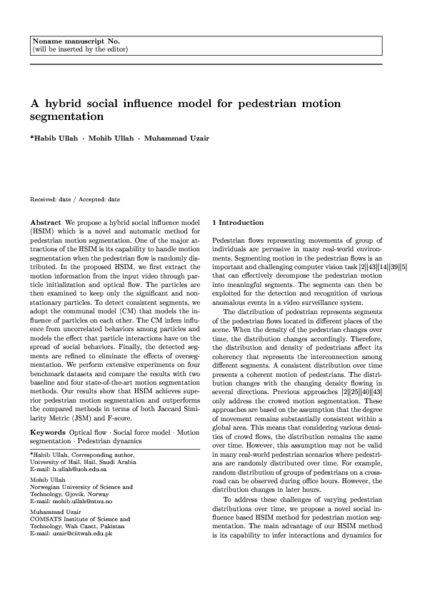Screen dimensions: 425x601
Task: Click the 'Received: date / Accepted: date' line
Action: coord(74,199)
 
